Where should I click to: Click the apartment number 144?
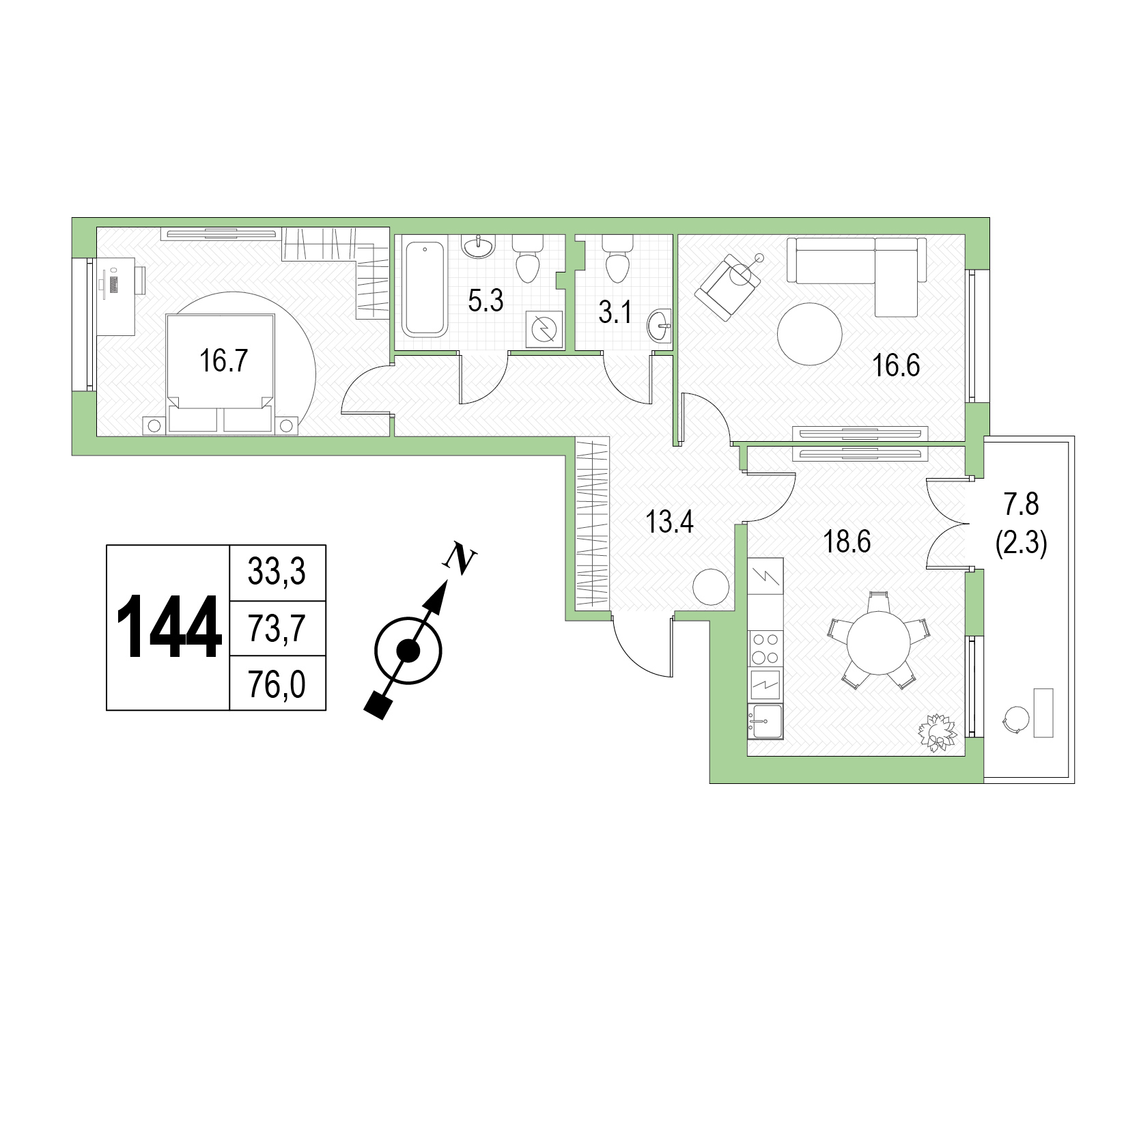coord(169,627)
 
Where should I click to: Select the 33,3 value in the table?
coord(277,572)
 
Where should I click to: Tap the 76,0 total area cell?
coord(277,684)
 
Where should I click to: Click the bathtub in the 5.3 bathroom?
coord(425,287)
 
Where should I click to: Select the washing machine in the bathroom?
coord(544,329)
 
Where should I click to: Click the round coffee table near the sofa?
coord(810,334)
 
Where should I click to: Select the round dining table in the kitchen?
coord(879,642)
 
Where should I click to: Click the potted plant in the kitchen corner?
coord(938,733)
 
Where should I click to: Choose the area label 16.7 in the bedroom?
coord(223,360)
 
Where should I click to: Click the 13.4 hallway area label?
coord(670,522)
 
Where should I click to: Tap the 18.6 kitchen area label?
coord(847,542)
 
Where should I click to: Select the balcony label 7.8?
coord(1021,505)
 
